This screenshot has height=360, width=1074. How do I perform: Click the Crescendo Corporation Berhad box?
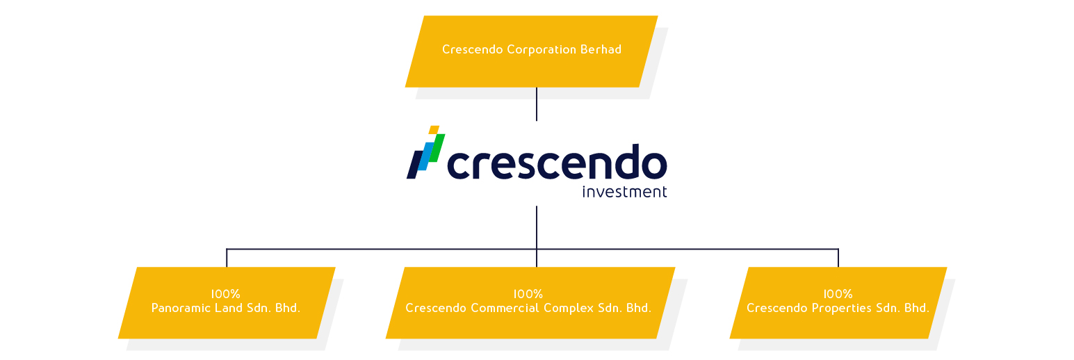[531, 51]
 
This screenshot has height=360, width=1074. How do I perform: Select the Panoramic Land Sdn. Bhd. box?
[227, 303]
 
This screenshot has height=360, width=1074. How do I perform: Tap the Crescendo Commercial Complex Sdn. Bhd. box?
[530, 303]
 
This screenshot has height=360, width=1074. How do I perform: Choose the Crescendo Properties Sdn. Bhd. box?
[838, 303]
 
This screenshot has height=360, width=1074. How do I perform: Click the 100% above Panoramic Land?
[226, 294]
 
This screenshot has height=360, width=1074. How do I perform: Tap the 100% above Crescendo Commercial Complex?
[528, 294]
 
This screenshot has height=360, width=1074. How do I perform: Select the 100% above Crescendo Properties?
[838, 294]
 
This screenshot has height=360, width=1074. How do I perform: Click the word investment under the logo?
[624, 192]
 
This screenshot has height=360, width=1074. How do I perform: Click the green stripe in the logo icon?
[437, 147]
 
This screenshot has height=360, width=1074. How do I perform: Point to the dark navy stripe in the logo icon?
[413, 164]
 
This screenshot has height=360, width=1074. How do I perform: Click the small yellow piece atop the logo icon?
[434, 129]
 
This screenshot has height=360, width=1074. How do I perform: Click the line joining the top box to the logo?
[537, 104]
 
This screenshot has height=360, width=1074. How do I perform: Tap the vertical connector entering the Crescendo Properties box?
[838, 258]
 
